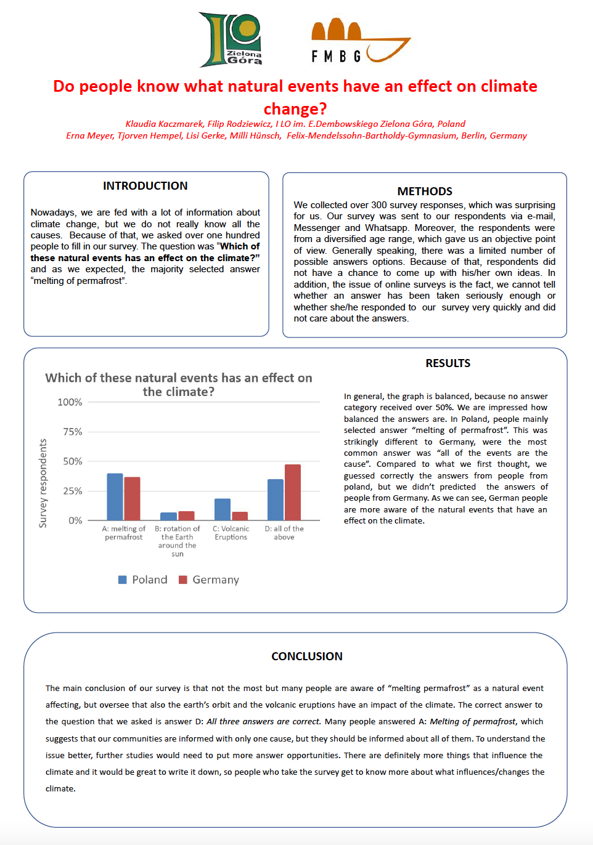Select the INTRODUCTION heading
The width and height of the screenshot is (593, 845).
[x=145, y=186]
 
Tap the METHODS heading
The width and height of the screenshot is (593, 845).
[x=425, y=192]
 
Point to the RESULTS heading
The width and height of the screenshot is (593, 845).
[x=448, y=363]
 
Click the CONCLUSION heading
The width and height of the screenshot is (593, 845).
[x=307, y=657]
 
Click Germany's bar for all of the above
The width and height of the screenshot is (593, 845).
[x=293, y=492]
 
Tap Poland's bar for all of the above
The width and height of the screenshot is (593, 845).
[x=276, y=499]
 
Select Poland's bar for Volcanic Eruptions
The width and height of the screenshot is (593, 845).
[x=223, y=509]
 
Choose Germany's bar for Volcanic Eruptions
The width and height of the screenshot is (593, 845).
[x=240, y=516]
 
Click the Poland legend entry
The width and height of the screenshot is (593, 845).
[x=143, y=580]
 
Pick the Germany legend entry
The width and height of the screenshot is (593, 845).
[x=209, y=580]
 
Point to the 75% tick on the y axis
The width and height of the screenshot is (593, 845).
[x=73, y=432]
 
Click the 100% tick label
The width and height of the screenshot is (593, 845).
[x=70, y=402]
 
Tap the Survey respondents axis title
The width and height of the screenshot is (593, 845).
[x=43, y=483]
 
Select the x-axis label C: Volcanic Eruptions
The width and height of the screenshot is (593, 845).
[x=231, y=533]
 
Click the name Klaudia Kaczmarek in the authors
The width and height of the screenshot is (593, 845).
[x=164, y=124]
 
